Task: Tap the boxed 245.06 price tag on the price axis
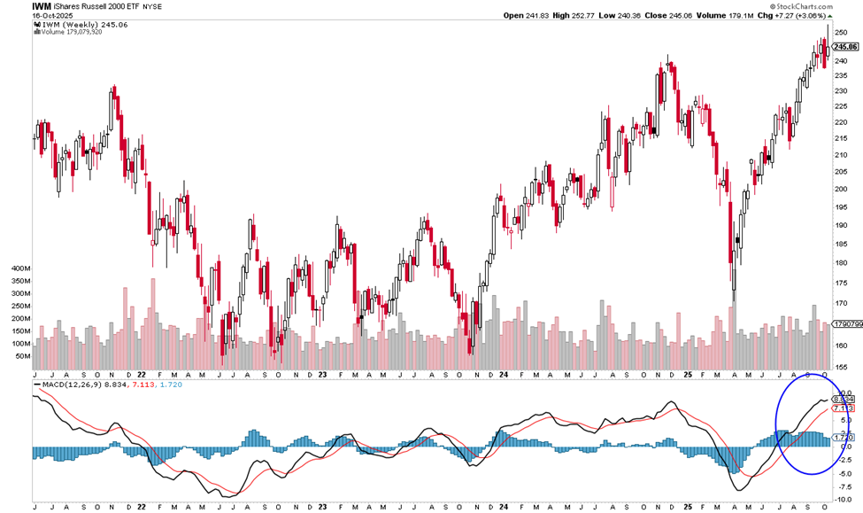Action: [x=846, y=47]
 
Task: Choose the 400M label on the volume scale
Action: [x=19, y=267]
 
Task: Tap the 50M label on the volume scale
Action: [x=21, y=356]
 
